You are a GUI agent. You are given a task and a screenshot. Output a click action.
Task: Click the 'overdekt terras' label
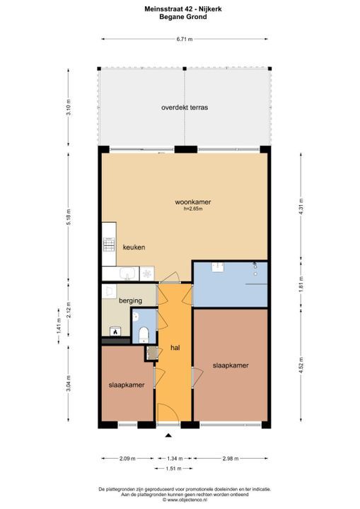point(184,108)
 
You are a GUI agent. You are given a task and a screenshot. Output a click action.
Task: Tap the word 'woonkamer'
point(193,202)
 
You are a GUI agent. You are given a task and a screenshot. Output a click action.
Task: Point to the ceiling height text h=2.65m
point(193,210)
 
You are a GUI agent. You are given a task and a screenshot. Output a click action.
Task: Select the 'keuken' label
point(134,247)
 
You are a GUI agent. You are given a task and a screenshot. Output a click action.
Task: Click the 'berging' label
point(130,300)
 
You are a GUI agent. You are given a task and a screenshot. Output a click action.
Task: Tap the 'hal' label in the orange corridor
point(175,348)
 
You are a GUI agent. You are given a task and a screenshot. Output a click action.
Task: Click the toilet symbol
point(143,334)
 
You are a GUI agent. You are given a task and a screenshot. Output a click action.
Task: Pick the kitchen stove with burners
point(108,246)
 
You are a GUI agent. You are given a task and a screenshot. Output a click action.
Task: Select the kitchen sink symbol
point(128,274)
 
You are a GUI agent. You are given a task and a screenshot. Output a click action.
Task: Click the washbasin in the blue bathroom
point(217,267)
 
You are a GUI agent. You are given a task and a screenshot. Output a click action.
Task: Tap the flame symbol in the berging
point(114,331)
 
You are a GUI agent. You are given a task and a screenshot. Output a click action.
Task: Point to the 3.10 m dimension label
point(69,108)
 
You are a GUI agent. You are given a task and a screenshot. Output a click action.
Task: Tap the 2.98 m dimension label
point(231,460)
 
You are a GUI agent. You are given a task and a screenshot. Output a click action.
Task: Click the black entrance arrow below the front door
point(168,438)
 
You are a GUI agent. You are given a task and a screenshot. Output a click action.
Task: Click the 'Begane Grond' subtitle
point(183,17)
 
